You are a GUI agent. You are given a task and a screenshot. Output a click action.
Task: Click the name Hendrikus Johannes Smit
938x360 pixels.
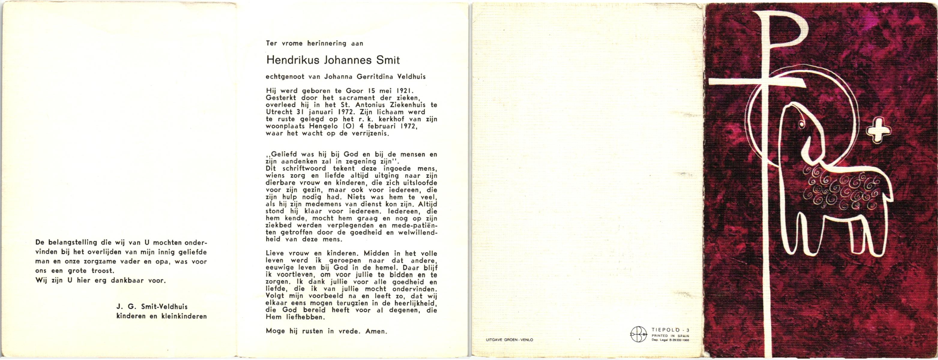(333, 60)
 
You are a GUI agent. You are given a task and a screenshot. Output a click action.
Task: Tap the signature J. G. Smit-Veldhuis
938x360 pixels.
(152, 307)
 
